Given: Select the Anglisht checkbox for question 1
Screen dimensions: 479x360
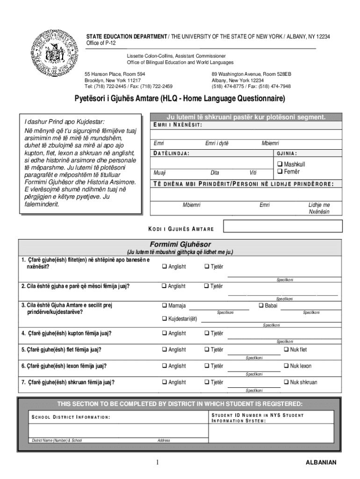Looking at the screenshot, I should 165,267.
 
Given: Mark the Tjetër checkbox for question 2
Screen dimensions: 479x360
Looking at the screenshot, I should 207,286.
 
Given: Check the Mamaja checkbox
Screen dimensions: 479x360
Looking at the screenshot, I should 165,306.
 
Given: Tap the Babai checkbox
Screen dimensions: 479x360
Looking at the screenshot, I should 261,306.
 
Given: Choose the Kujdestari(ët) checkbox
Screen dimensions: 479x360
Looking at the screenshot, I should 165,319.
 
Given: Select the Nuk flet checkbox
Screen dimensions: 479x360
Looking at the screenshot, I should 286,350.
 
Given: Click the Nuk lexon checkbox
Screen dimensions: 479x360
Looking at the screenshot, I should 286,366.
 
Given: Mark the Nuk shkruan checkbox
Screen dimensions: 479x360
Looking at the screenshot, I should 286,383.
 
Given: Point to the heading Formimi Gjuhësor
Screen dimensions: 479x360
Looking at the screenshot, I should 180,245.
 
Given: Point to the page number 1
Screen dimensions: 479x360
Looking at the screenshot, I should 158,462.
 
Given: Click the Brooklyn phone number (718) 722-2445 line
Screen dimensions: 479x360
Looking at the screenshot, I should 128,86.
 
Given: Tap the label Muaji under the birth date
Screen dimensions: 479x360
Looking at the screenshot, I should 159,172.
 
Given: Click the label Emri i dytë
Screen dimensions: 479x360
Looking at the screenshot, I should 217,143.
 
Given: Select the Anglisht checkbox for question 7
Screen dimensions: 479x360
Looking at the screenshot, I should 165,383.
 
